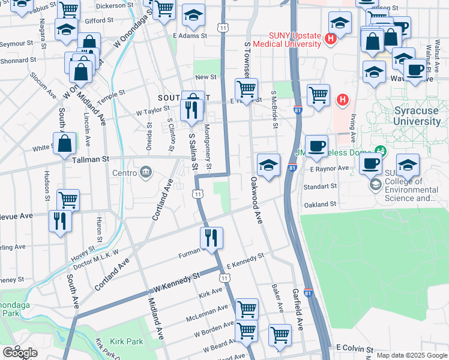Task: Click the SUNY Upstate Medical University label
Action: click(x=287, y=40)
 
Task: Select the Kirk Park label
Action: click(x=127, y=341)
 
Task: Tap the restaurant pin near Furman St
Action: click(x=211, y=238)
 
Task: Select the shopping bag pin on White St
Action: click(x=64, y=144)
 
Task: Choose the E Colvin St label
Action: click(x=355, y=348)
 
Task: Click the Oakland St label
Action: click(x=320, y=205)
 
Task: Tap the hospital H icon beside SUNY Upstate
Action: click(x=329, y=40)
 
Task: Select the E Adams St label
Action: click(x=190, y=35)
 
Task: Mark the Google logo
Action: click(x=19, y=353)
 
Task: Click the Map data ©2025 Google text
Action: click(x=412, y=355)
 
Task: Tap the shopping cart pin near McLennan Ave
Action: click(x=247, y=309)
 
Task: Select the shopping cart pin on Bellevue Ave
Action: click(x=68, y=200)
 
